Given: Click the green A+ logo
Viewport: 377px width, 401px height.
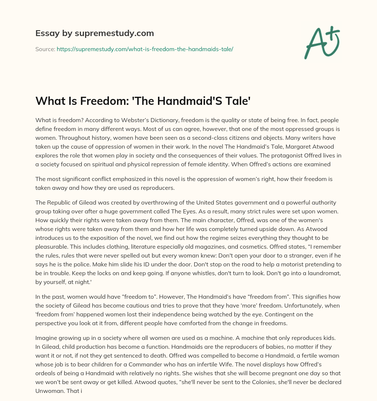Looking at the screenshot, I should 321,42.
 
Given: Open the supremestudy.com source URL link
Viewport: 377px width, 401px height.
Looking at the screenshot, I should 145,49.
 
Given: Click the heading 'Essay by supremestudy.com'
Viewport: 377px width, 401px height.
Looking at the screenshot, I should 95,33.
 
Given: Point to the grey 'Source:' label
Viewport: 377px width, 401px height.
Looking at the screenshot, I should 45,49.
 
